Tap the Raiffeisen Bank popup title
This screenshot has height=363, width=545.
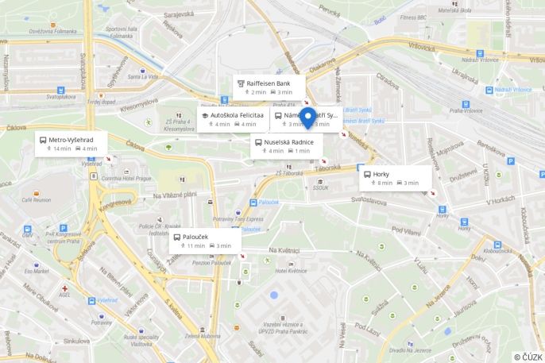(268, 83)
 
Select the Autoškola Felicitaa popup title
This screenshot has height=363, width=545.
(237, 115)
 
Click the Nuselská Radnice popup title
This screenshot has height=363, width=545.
(288, 141)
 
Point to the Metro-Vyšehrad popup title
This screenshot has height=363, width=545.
(71, 139)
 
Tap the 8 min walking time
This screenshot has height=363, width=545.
(385, 183)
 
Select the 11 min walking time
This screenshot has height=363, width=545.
(195, 245)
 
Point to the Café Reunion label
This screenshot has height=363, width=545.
(36, 200)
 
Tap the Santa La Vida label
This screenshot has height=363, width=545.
(144, 77)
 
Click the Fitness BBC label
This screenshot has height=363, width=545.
(414, 17)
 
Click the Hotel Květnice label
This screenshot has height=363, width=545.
(291, 271)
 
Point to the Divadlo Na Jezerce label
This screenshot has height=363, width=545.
(410, 350)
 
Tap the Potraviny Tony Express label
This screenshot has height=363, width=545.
(238, 218)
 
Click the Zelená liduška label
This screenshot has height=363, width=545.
(203, 336)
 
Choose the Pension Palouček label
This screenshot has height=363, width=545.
(211, 263)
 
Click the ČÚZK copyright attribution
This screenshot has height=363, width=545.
(528, 357)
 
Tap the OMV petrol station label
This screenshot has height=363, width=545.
(28, 234)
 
